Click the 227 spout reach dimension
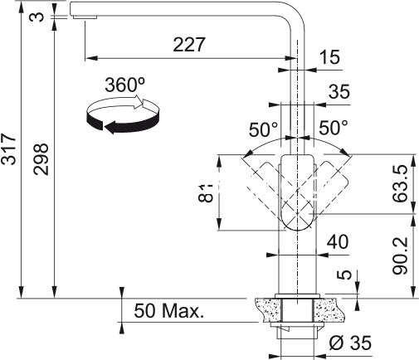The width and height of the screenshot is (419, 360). pos(189,44)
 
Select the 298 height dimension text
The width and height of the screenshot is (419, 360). pos(41,159)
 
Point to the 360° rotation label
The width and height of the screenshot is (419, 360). pos(124,85)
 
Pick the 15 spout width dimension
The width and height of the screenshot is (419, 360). pos(329,57)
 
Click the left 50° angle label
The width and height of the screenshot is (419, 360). pos(263,129)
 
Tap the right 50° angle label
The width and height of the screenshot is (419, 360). pos(334,128)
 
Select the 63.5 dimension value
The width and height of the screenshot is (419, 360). pos(400,183)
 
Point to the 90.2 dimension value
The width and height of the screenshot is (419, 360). pos(400,255)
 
